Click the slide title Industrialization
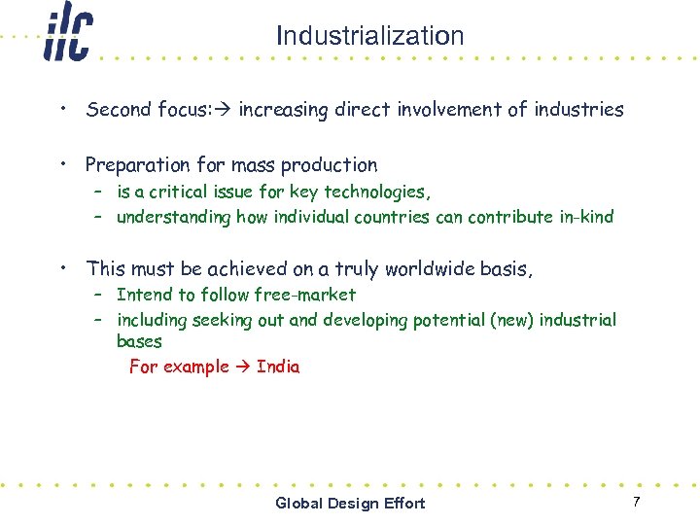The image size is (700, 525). click(x=369, y=36)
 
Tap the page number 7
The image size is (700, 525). click(x=636, y=501)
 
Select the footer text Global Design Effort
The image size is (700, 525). click(x=350, y=503)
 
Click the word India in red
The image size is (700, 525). click(x=278, y=367)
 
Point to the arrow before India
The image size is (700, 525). click(x=242, y=367)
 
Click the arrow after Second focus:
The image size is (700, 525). click(x=226, y=110)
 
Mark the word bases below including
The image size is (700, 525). click(x=139, y=341)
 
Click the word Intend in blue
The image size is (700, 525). click(x=143, y=295)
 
